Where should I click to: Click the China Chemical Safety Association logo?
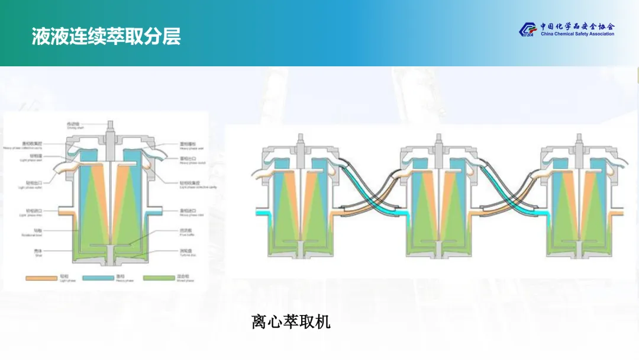pos(566,29)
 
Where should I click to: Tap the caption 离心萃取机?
pos(291,322)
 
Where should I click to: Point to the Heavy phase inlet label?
pos(188,212)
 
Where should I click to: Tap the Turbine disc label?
pos(188,252)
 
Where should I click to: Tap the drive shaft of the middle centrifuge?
pos(438,142)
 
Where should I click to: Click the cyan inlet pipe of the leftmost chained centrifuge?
pos(264,212)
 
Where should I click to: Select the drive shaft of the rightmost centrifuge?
pos(578,142)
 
